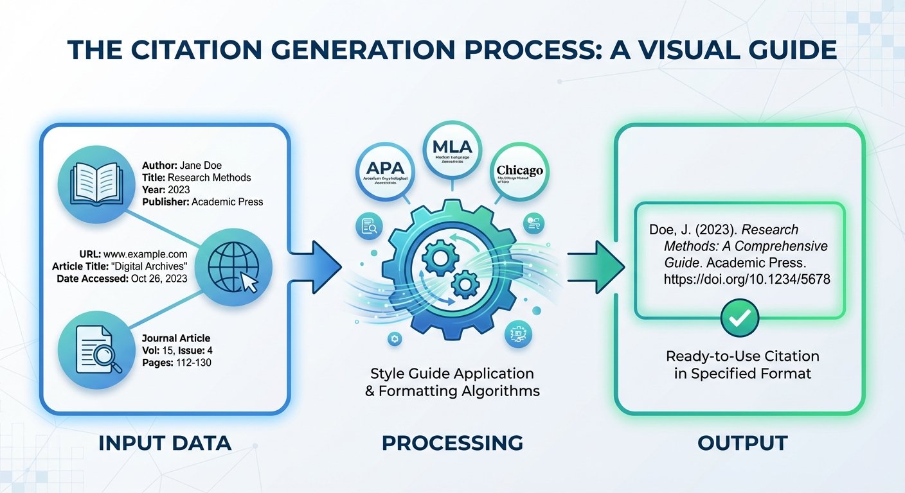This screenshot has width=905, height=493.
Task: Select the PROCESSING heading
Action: (x=452, y=443)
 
